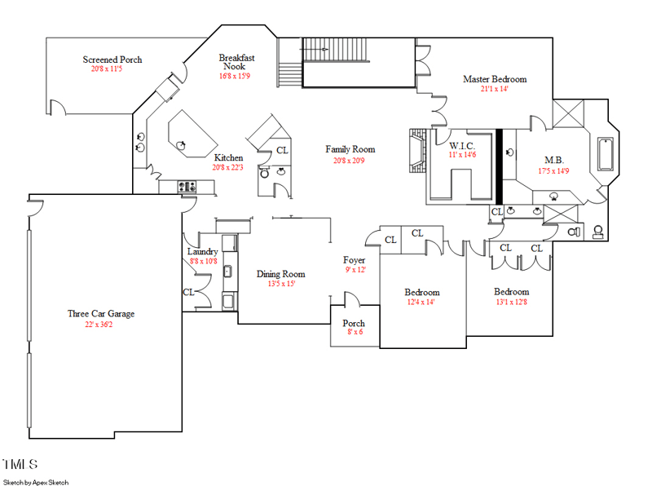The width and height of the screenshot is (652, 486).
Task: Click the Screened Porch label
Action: coord(112,60)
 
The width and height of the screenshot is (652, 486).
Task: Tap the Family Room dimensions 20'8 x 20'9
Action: coord(349,160)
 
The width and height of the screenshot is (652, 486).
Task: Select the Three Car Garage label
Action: coord(101,314)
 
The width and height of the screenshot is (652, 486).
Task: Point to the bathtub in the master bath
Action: coord(606,154)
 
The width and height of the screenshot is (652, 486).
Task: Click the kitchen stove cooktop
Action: coord(187,187)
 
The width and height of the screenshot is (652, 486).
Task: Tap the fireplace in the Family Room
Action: coord(417,150)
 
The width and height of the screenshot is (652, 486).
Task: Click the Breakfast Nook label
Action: coord(236,62)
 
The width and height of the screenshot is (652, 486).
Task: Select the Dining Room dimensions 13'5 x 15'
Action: coord(281,284)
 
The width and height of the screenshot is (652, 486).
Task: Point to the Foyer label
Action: coord(355,260)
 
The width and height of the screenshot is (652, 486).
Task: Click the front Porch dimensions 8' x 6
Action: coord(355,332)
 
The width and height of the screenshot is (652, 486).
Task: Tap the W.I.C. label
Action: coord(462,146)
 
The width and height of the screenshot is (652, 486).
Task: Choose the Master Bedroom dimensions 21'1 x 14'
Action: coord(495,88)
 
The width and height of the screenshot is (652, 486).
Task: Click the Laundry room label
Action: coord(202,251)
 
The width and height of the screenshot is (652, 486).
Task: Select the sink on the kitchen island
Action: coord(181,145)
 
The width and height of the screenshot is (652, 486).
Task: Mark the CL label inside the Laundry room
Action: coord(188,292)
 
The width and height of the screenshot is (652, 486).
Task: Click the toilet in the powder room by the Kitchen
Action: coord(264,172)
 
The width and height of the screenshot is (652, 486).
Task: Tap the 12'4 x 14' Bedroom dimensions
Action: coord(421,302)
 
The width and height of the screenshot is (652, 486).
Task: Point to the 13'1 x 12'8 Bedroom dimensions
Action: coord(512,302)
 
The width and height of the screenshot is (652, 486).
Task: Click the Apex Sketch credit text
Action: coord(36,482)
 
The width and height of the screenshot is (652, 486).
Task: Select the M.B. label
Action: coord(554,160)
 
